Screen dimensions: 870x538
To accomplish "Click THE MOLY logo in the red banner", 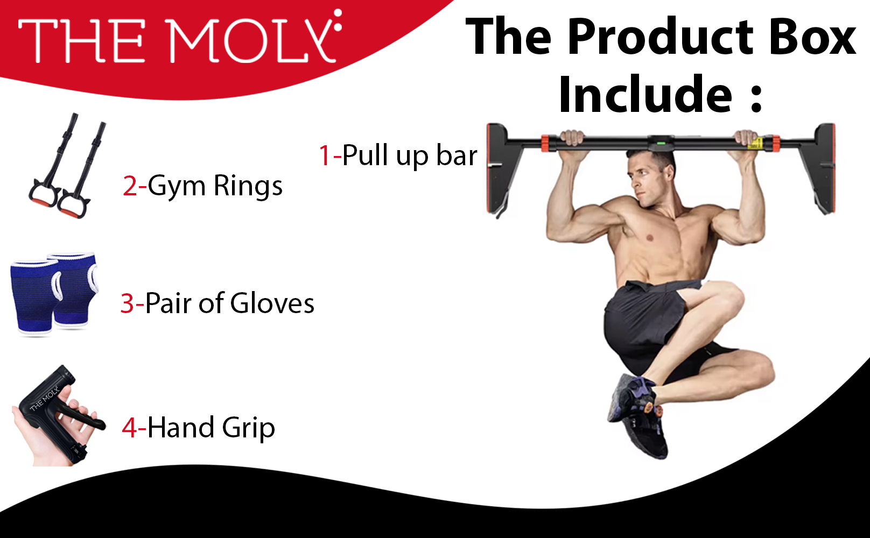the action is click(x=180, y=37).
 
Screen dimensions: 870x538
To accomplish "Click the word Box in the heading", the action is click(x=812, y=37).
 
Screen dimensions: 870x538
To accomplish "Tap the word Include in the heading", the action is click(x=645, y=94).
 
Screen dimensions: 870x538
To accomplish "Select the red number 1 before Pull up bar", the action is click(x=325, y=155).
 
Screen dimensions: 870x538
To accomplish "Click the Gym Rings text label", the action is click(x=215, y=186).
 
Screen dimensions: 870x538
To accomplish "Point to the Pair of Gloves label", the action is click(x=229, y=303).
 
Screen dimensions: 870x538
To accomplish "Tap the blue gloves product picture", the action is click(x=54, y=294).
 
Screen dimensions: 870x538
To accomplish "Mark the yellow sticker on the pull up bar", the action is click(x=755, y=144).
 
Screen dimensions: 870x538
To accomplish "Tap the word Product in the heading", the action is click(x=660, y=37).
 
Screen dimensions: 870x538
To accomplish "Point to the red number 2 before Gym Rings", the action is click(x=130, y=186).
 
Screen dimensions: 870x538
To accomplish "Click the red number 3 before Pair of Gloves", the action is click(x=128, y=303).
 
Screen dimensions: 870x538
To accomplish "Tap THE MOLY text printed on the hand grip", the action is click(x=44, y=398).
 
